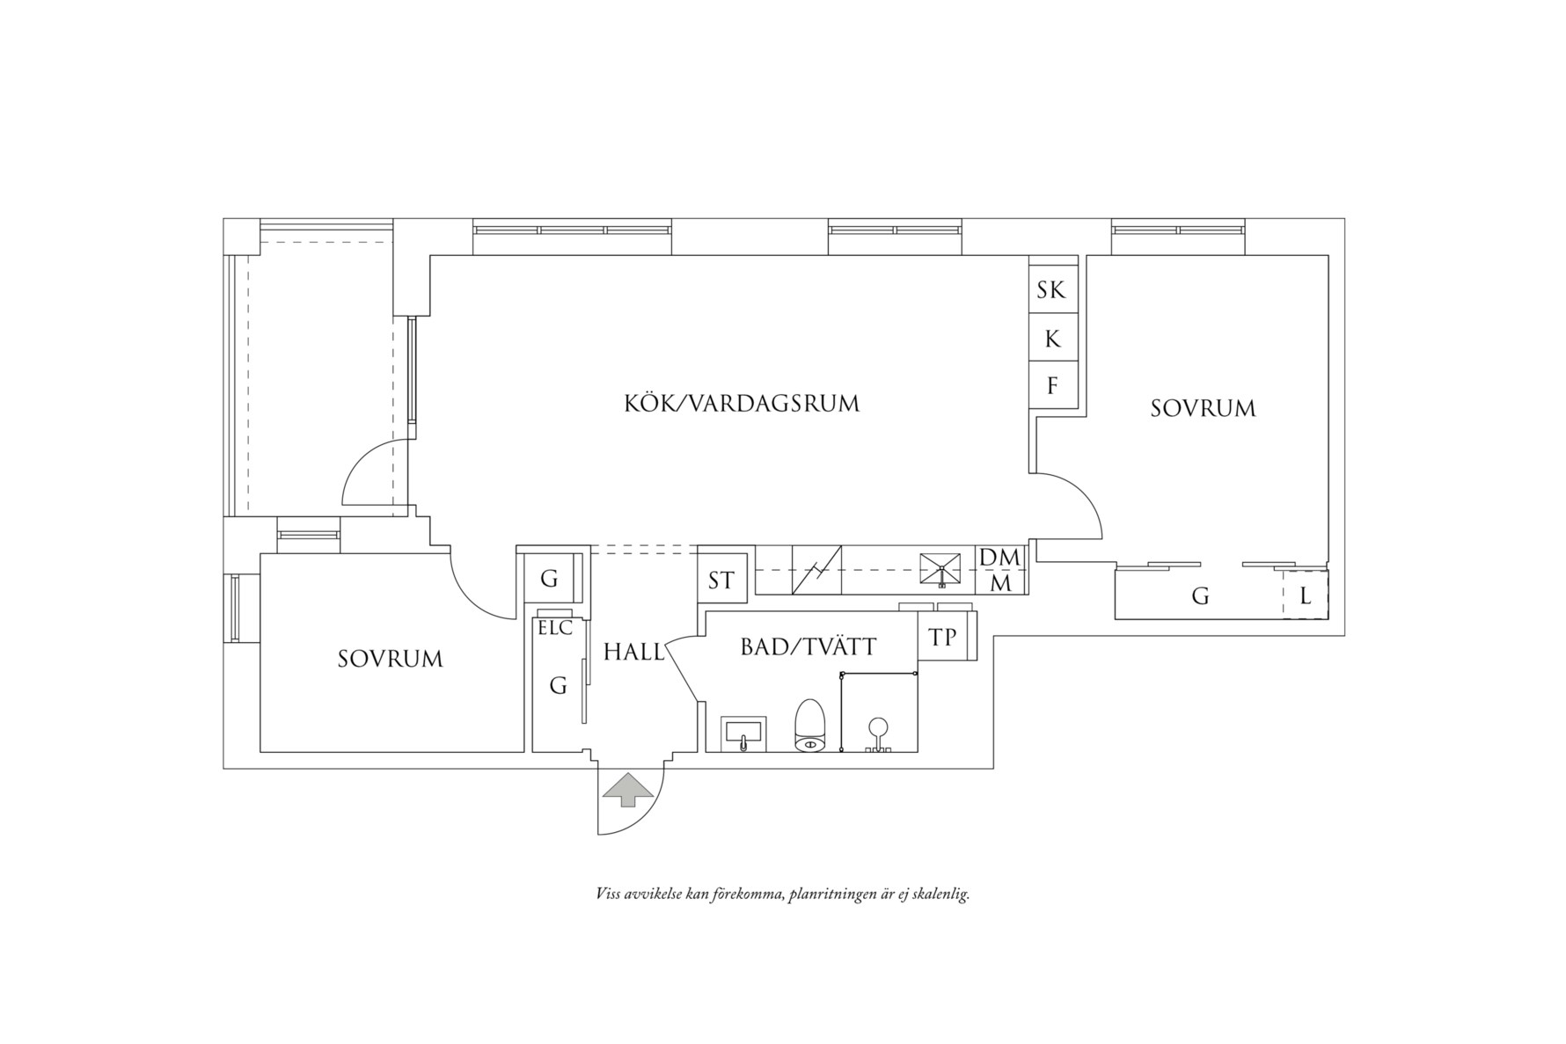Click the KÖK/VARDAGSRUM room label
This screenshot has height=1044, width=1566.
pyautogui.click(x=742, y=404)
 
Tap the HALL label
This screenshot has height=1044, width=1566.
pyautogui.click(x=633, y=652)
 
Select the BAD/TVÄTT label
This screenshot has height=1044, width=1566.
pyautogui.click(x=809, y=647)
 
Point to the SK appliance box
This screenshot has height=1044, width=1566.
pyautogui.click(x=1053, y=289)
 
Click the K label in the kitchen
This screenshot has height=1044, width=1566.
pyautogui.click(x=1053, y=339)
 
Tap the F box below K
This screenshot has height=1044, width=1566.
pyautogui.click(x=1053, y=385)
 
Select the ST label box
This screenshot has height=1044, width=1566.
pyautogui.click(x=722, y=580)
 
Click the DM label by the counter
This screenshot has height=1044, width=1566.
pyautogui.click(x=1000, y=558)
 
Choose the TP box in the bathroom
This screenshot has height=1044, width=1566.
pyautogui.click(x=943, y=636)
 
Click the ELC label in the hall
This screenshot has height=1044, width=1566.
pyautogui.click(x=555, y=628)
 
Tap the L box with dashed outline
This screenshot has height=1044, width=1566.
pyautogui.click(x=1305, y=595)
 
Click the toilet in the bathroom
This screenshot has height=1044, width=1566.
pyautogui.click(x=809, y=726)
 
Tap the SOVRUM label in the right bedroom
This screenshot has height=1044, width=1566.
pyautogui.click(x=1203, y=408)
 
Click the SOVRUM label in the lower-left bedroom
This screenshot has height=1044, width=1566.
pyautogui.click(x=390, y=659)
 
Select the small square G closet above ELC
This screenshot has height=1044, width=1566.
pyautogui.click(x=549, y=579)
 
